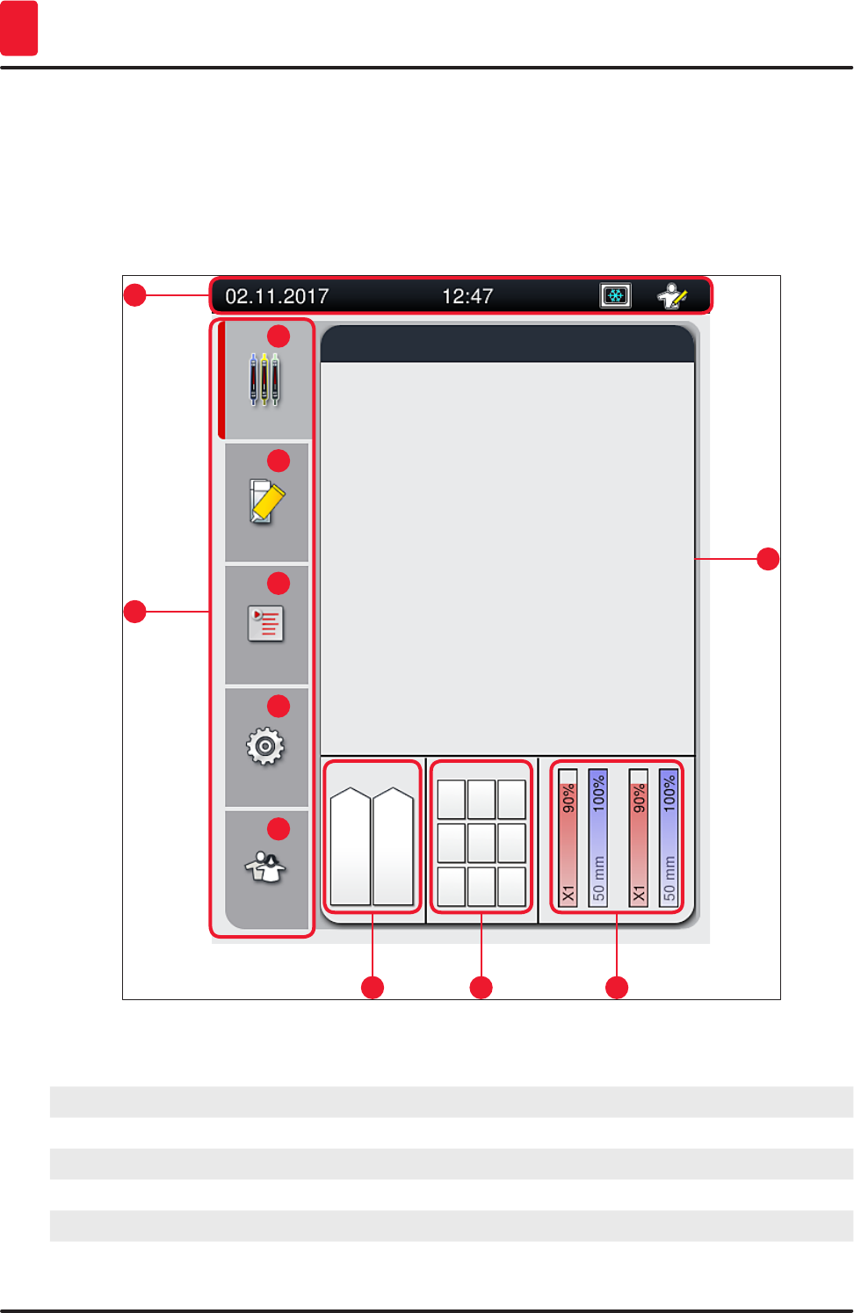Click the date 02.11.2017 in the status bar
(277, 296)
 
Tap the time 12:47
(467, 296)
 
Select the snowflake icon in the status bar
(615, 295)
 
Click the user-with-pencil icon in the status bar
(673, 296)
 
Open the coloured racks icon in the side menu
(264, 379)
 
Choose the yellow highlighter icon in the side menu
(267, 502)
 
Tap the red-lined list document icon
(265, 625)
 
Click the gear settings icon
(265, 747)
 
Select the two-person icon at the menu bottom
(265, 868)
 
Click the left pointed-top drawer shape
(350, 846)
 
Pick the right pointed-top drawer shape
(393, 846)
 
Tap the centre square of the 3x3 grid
(481, 843)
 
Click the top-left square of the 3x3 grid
(452, 800)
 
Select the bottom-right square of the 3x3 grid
(511, 886)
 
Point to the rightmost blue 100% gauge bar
(669, 838)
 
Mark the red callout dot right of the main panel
(768, 559)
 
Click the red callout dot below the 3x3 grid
(481, 988)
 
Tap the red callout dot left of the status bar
(134, 295)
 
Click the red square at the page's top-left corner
(18, 28)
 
